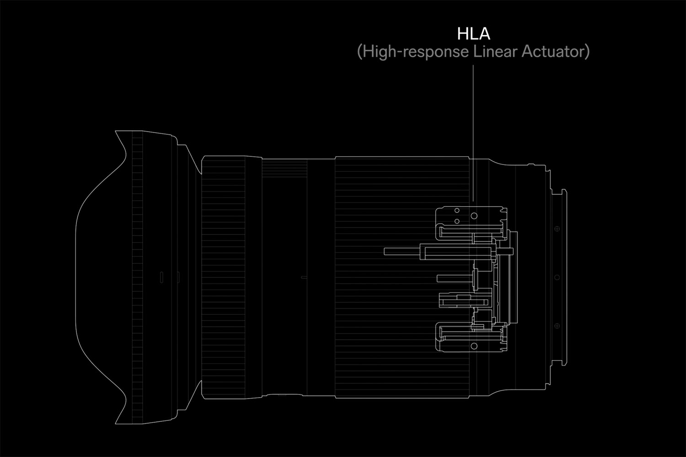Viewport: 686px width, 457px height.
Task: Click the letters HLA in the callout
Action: coord(473,34)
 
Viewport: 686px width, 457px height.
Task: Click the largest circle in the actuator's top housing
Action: coord(474,216)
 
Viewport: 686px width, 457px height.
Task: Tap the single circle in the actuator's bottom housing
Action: coord(474,346)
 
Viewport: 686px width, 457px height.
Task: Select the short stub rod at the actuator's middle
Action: coord(454,278)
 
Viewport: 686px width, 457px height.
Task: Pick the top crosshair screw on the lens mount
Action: coord(557,228)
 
